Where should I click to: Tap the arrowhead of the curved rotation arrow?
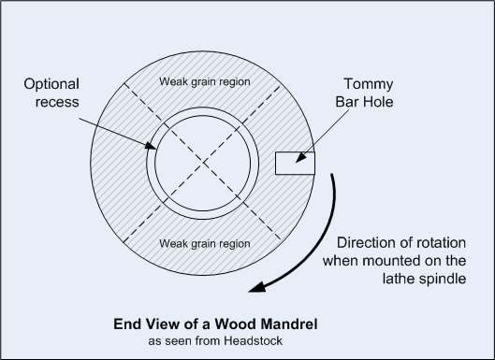pyautogui.click(x=256, y=287)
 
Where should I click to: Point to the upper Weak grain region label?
pyautogui.click(x=205, y=81)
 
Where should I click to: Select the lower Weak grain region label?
pyautogui.click(x=205, y=243)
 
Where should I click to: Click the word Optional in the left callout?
pyautogui.click(x=51, y=84)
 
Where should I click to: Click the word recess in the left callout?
pyautogui.click(x=57, y=102)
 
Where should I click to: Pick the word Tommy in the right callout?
pyautogui.click(x=369, y=84)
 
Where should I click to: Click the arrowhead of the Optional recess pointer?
pyautogui.click(x=151, y=146)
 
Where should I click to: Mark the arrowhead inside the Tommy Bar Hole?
pyautogui.click(x=301, y=158)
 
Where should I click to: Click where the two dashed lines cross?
pyautogui.click(x=203, y=163)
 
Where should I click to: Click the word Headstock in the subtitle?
pyautogui.click(x=254, y=341)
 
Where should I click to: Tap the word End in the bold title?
pyautogui.click(x=123, y=324)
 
